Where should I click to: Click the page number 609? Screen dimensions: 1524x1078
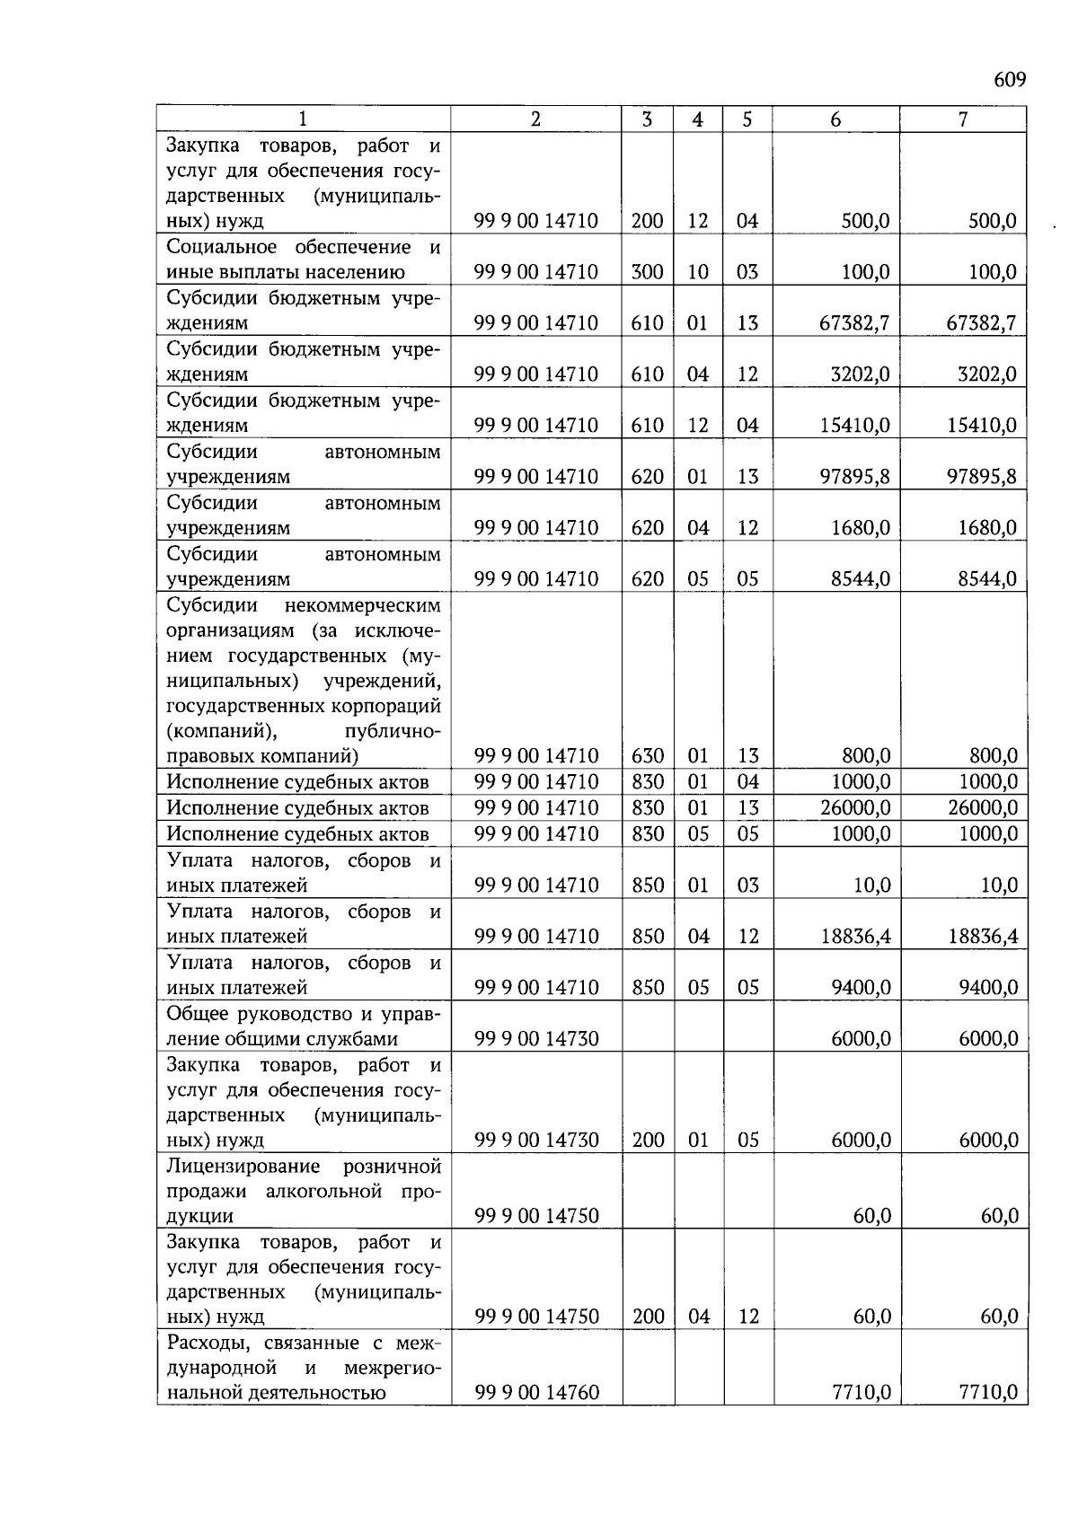point(1009,80)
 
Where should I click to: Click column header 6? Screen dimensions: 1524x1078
point(835,119)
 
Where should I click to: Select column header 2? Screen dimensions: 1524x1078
point(535,119)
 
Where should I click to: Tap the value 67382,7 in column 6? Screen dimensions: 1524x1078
point(854,323)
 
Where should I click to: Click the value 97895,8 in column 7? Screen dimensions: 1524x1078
point(982,477)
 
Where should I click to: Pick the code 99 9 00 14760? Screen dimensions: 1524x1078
point(536,1393)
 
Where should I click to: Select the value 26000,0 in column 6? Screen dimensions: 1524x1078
point(855,808)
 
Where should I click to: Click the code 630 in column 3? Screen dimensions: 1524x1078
point(647,756)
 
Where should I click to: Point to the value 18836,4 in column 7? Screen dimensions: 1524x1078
point(983,937)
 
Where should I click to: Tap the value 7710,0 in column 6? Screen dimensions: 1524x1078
point(861,1393)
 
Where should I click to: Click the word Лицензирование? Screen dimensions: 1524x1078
point(243,1167)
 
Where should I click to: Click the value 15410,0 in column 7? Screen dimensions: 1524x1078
point(982,426)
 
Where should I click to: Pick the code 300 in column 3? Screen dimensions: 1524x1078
point(647,272)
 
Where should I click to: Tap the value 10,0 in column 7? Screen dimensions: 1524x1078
point(998,885)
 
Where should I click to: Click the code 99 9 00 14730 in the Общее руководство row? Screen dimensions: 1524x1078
point(536,1039)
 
